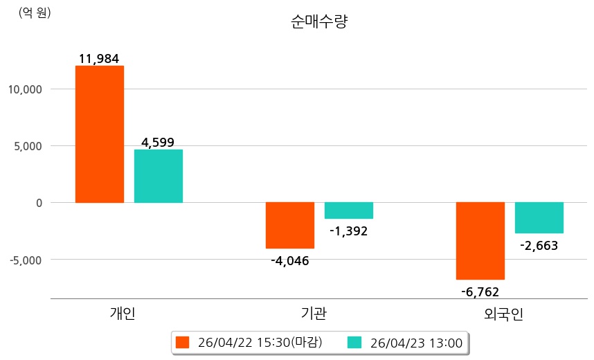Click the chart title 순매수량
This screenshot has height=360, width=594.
click(319, 22)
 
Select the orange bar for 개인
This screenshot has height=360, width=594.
click(100, 134)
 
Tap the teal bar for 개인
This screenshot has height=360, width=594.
click(159, 176)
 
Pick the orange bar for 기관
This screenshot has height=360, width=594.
click(290, 225)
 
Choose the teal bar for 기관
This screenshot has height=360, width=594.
click(349, 210)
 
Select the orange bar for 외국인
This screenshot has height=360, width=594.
click(480, 240)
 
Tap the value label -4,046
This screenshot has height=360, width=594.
click(289, 261)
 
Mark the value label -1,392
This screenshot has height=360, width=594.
click(348, 231)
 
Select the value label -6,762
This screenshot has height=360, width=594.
click(480, 291)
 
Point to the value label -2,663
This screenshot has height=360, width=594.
click(539, 245)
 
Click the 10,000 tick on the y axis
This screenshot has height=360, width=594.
click(25, 89)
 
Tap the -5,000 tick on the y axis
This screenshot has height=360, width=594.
click(25, 260)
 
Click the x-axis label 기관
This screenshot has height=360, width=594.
click(314, 314)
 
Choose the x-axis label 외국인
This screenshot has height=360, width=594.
click(504, 314)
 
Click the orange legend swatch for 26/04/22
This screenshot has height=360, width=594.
click(182, 342)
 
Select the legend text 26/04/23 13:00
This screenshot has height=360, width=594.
click(416, 342)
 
